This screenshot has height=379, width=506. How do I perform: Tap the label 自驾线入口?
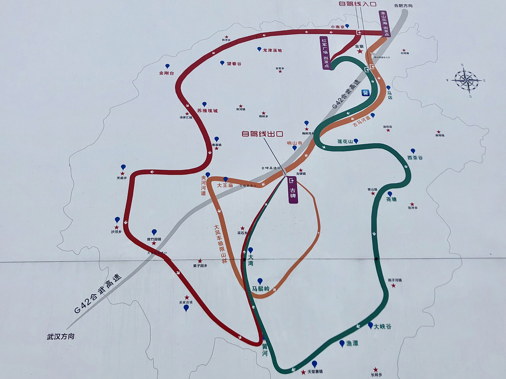point(357,4)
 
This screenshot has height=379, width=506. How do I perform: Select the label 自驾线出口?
point(262,134)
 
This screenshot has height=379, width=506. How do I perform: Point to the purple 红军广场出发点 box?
point(325,53)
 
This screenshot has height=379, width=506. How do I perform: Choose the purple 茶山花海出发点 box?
point(385,24)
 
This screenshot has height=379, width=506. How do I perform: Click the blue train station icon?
point(366,93)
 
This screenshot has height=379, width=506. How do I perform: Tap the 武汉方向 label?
point(60,337)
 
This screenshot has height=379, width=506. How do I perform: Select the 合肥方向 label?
point(403,6)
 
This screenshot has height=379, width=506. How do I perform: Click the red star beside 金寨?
point(360,51)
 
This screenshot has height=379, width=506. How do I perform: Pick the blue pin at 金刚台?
point(167,66)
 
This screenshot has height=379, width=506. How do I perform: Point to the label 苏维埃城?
point(207,111)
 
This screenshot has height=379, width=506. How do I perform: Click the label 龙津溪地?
point(272,50)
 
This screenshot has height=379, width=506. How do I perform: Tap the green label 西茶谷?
point(415,158)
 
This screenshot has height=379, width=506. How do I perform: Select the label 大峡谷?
point(382,326)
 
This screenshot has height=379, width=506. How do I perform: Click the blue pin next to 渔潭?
point(342,343)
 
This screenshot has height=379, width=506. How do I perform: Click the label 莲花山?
point(345,142)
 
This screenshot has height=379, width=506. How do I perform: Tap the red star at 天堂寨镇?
point(303,372)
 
